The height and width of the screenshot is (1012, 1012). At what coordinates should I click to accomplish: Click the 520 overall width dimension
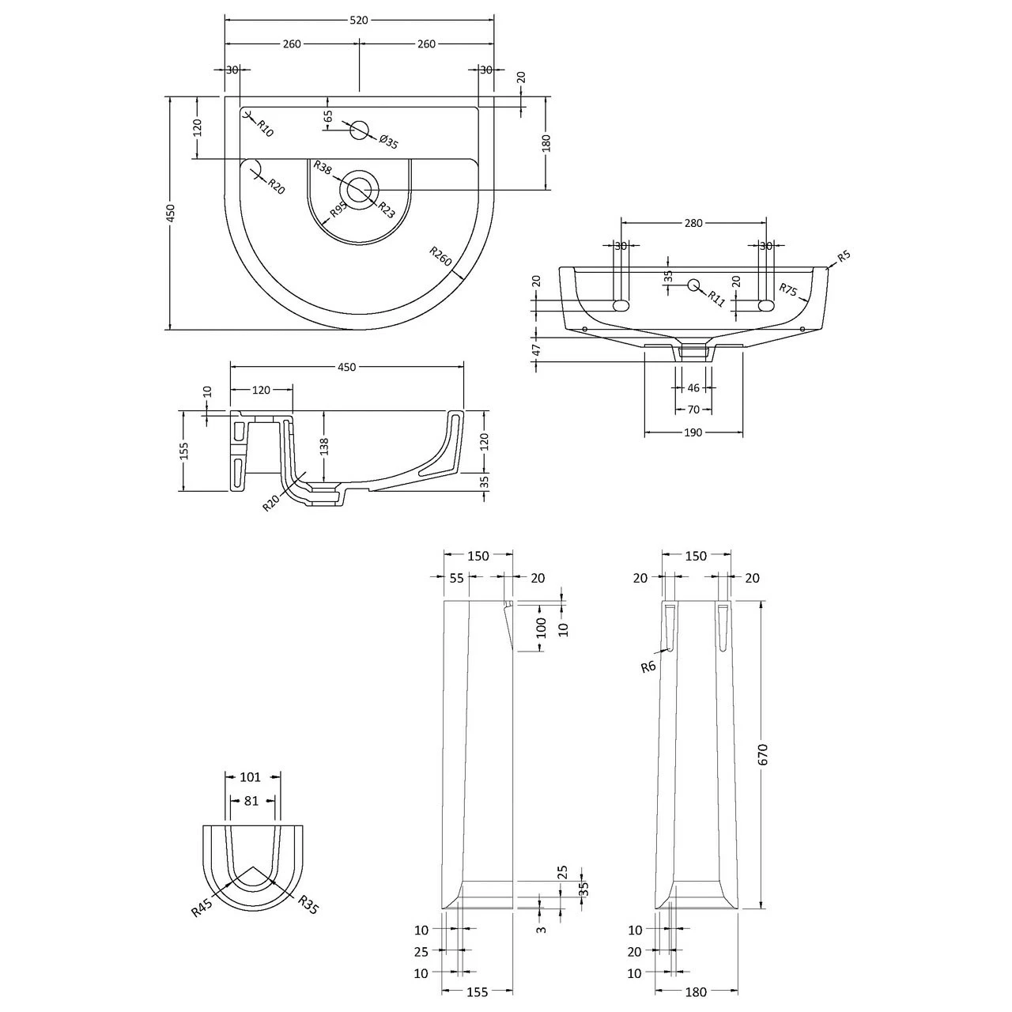click(359, 21)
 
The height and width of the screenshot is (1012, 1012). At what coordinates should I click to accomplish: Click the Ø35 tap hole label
click(388, 142)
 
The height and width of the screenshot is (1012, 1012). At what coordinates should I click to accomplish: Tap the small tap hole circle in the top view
click(360, 130)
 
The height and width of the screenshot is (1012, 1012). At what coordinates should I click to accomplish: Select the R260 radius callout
click(440, 256)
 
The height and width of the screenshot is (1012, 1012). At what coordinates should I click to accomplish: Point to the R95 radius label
click(338, 211)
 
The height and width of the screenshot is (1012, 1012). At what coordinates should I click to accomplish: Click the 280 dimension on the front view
click(693, 223)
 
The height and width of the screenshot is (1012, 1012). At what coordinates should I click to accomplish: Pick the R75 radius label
click(788, 290)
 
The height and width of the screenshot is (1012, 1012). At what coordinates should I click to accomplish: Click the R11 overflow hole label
click(716, 297)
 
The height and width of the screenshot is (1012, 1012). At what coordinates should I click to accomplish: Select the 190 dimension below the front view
click(693, 432)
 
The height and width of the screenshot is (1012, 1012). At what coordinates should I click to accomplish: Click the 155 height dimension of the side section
click(183, 451)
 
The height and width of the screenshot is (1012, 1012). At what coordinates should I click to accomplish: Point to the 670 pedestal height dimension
click(763, 754)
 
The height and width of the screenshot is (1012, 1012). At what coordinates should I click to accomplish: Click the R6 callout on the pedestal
click(648, 666)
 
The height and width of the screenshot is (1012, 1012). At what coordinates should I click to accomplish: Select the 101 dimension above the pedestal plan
click(250, 777)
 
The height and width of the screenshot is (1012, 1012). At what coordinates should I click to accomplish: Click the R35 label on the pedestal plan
click(308, 905)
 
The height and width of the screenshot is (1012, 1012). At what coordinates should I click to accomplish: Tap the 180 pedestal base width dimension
click(696, 992)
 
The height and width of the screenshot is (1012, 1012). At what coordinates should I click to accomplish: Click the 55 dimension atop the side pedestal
click(456, 578)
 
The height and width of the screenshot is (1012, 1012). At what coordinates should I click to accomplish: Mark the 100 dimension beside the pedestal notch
click(541, 628)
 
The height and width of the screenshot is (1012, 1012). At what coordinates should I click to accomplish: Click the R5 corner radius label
click(844, 255)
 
